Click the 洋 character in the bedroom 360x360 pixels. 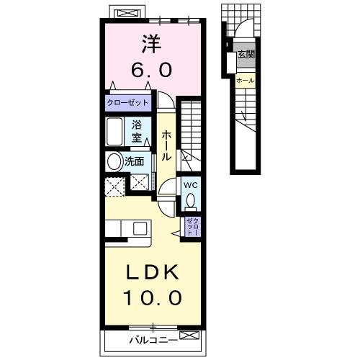[x=151, y=44]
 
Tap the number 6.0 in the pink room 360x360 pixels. [x=152, y=70]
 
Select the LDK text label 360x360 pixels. [x=151, y=272]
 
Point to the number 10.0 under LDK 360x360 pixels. [x=153, y=297]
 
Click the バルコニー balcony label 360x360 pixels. [x=153, y=340]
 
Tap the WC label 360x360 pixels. [x=191, y=185]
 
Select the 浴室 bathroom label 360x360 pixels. [x=136, y=131]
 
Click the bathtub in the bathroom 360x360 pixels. [x=114, y=132]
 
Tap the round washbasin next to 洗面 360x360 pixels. [x=114, y=162]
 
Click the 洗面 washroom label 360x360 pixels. [x=134, y=161]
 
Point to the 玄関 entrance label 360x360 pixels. [x=246, y=55]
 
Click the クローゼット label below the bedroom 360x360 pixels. [x=127, y=103]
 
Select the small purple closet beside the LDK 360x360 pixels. [x=193, y=227]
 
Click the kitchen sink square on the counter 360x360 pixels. [x=140, y=228]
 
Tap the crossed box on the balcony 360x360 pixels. [x=189, y=335]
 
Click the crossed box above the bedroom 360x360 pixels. [x=127, y=13]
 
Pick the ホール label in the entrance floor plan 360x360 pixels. [x=246, y=81]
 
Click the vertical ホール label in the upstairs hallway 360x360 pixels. [x=166, y=146]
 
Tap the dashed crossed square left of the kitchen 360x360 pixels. [x=115, y=186]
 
